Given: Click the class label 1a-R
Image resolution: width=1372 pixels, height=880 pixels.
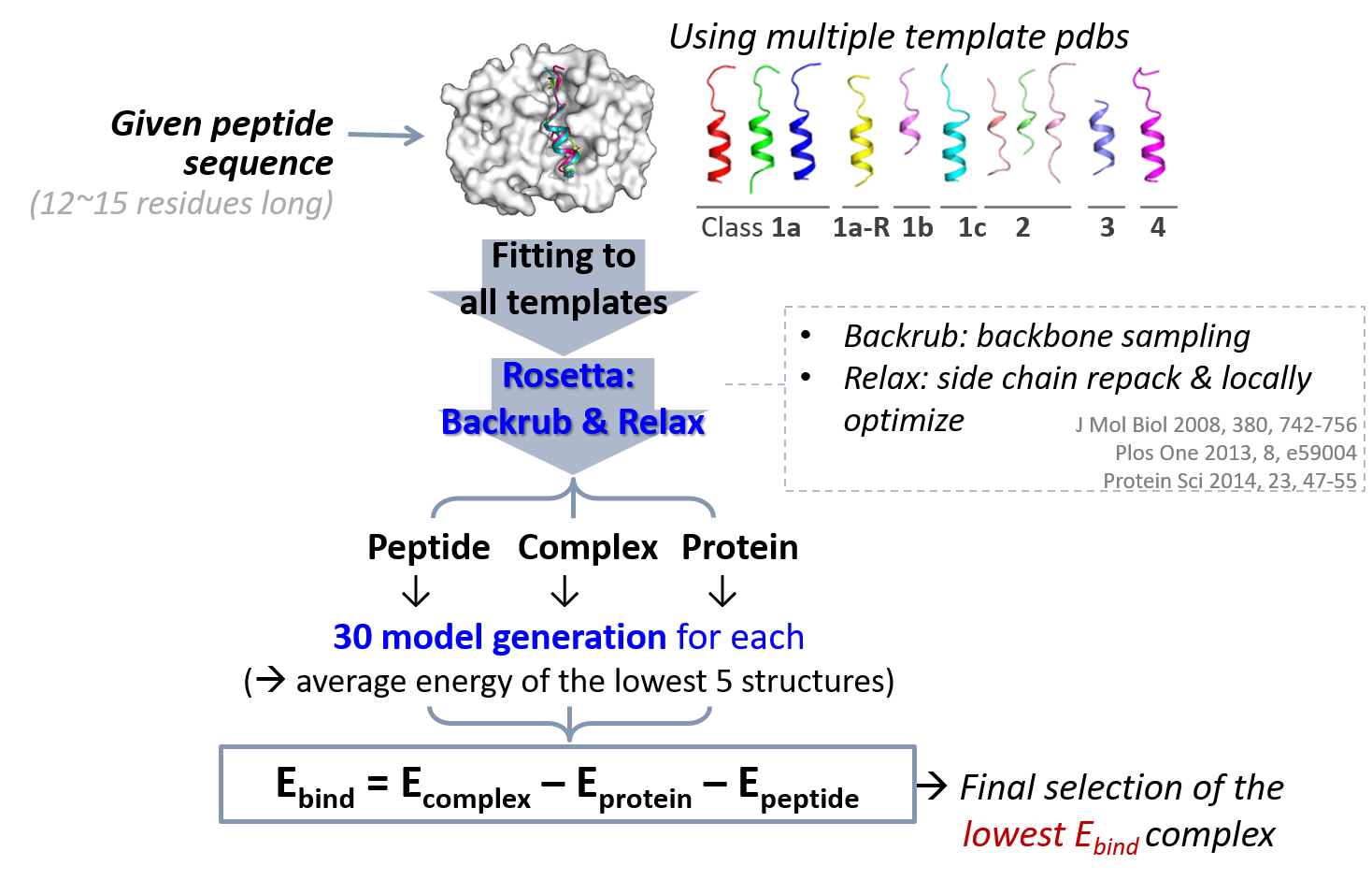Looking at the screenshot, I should click(861, 227).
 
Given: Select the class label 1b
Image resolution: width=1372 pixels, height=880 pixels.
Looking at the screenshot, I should click(917, 227).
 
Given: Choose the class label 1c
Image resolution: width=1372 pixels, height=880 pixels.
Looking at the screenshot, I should click(972, 227).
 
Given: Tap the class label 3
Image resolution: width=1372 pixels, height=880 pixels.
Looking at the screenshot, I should click(1107, 227).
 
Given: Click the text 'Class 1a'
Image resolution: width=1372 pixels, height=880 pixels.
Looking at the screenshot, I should click(750, 227).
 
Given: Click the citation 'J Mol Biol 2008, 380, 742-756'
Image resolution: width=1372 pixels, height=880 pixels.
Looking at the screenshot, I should click(1215, 425).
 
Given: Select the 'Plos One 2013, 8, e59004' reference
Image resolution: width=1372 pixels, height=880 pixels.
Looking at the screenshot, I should click(1236, 453).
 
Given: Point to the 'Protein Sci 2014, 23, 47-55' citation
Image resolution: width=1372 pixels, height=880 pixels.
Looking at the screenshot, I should click(1229, 481).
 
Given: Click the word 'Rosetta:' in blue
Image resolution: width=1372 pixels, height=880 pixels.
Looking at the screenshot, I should click(568, 375).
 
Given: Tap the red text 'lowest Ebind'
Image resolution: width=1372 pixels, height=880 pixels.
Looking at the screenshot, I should click(1050, 835).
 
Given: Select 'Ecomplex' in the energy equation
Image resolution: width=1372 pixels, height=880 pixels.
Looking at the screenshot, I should click(464, 786).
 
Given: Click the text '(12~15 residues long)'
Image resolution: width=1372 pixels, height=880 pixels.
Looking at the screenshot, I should click(181, 203).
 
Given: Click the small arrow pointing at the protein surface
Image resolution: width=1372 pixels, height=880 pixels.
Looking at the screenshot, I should click(385, 136).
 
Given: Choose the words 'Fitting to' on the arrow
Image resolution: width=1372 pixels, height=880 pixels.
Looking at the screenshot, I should click(563, 255).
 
